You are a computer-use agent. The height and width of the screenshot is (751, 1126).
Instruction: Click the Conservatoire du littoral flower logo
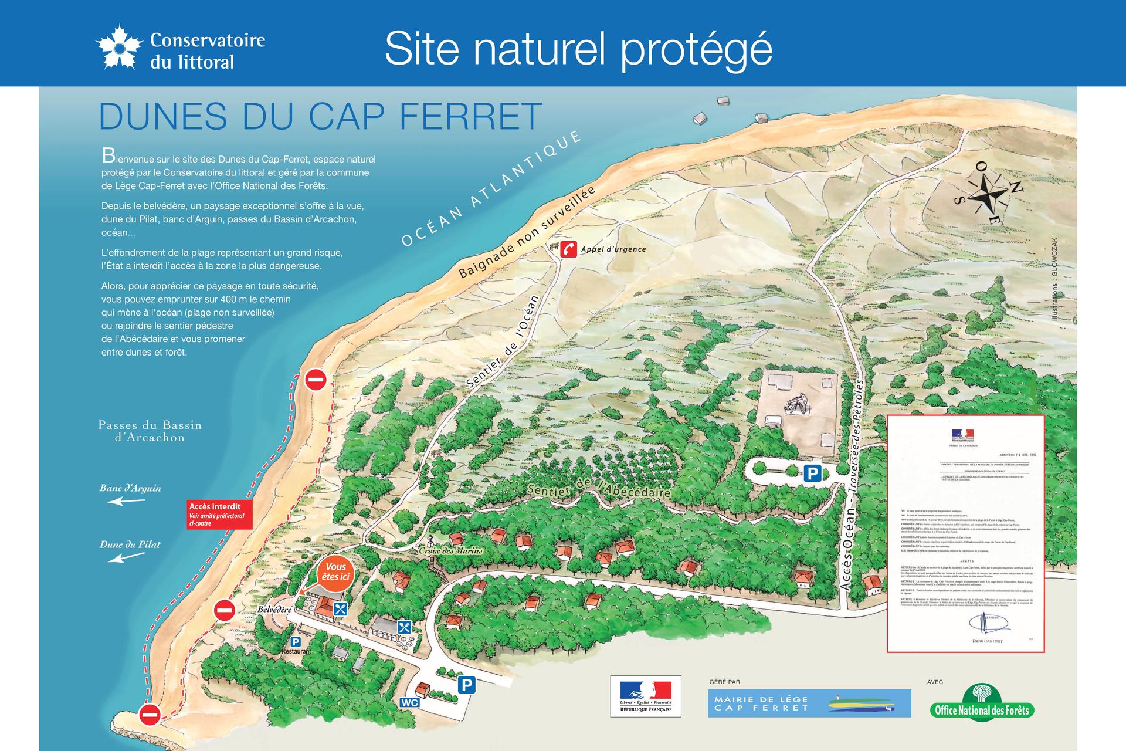[119, 46]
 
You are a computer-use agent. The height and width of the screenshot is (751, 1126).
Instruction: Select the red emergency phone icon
[568, 249]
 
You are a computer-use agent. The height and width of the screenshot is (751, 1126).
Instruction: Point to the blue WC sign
[409, 702]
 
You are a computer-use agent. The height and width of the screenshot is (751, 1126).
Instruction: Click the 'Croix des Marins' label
[450, 550]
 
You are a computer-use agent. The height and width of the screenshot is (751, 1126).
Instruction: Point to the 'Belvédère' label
[274, 610]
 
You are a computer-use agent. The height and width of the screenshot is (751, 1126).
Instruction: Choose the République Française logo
[646, 695]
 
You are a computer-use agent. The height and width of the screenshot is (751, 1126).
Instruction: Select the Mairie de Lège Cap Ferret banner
[809, 703]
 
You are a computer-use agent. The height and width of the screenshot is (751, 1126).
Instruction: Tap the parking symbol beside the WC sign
[466, 685]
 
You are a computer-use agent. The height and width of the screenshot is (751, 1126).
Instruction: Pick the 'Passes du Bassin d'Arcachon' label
[150, 431]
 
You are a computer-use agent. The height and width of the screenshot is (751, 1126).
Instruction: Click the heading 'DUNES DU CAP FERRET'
[320, 116]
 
